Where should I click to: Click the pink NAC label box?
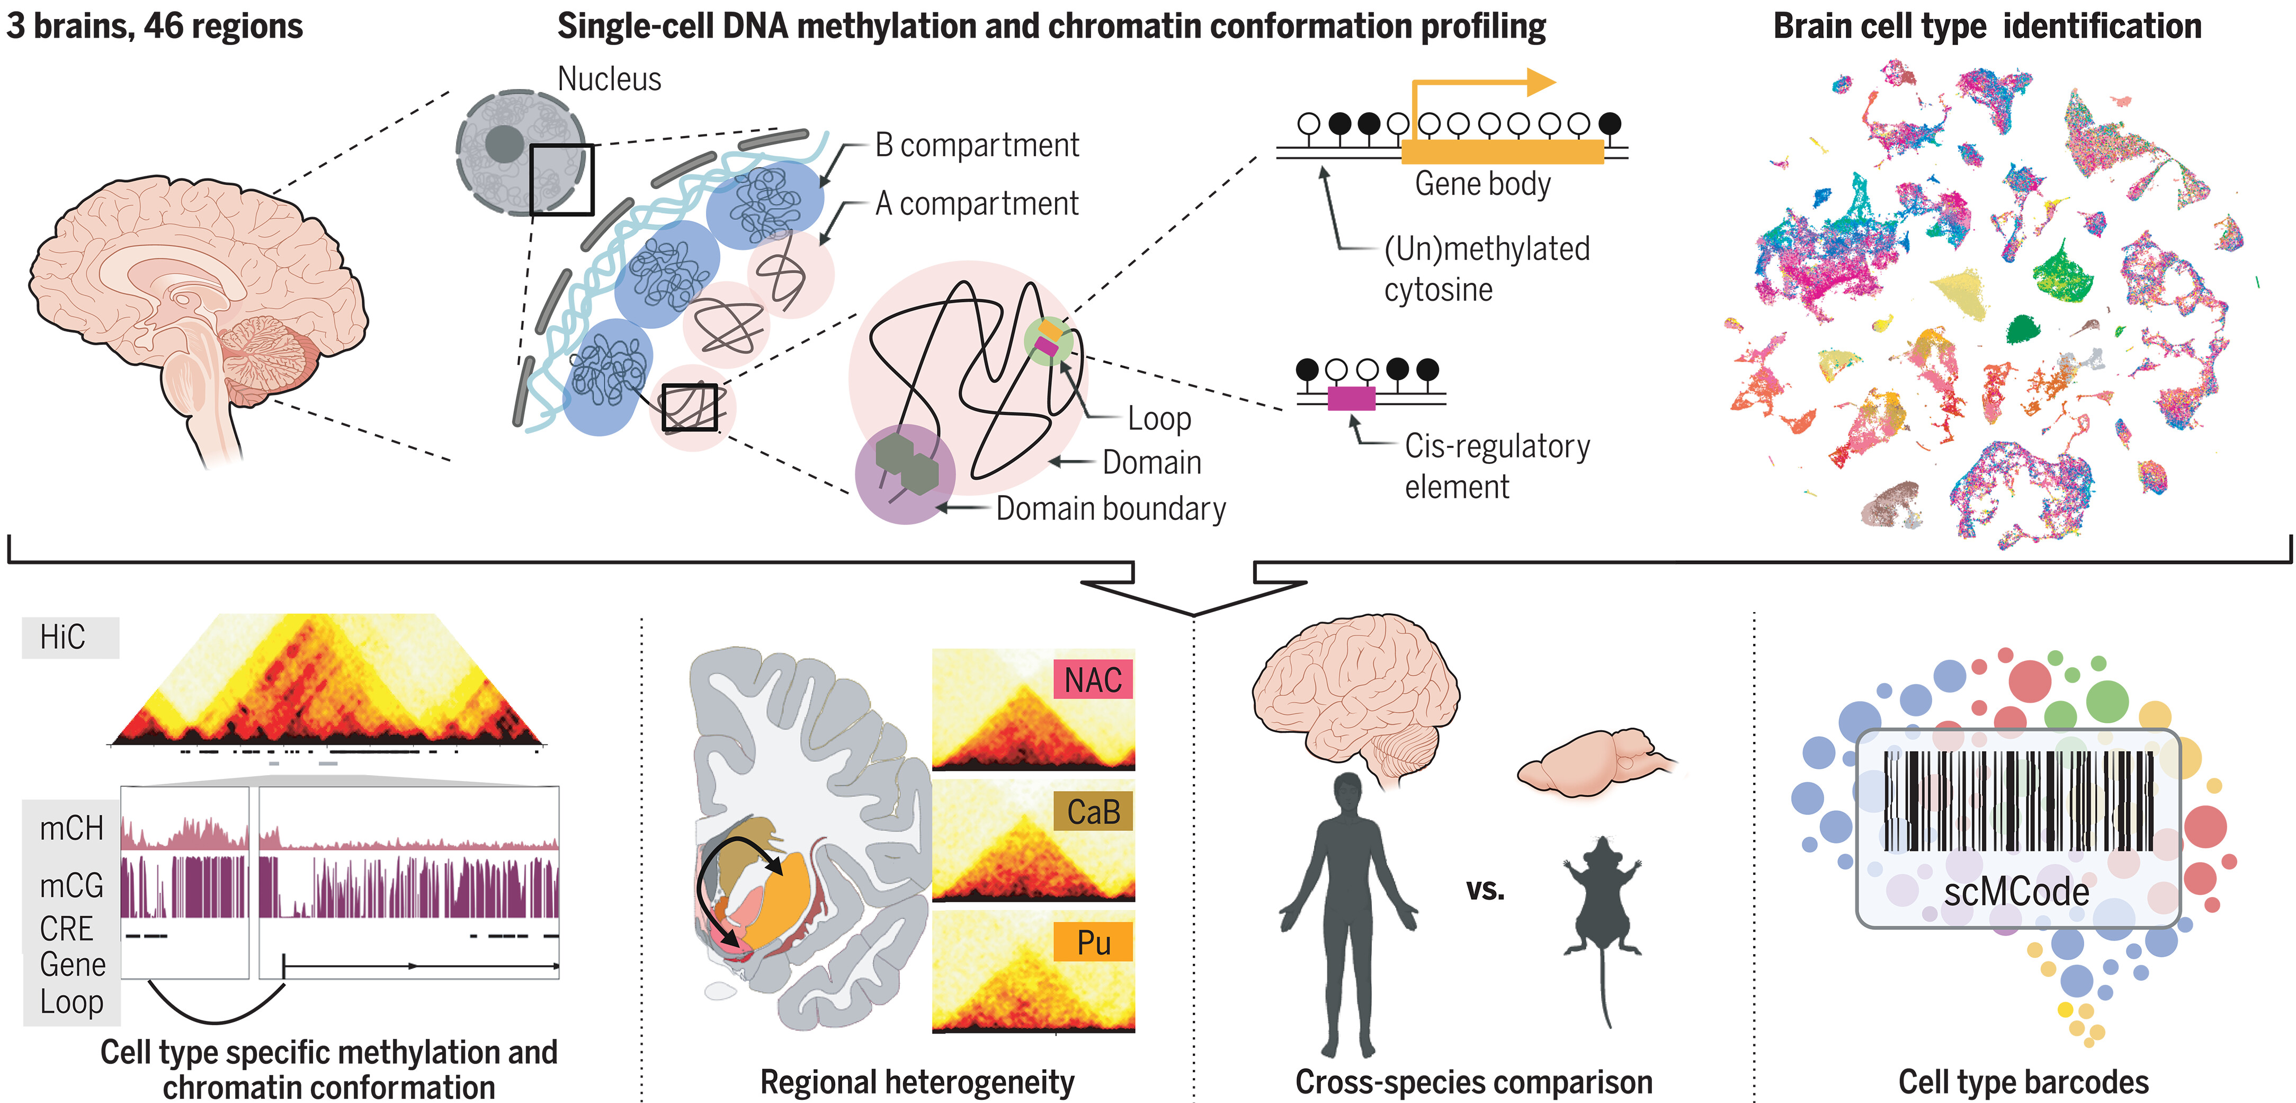tap(1093, 680)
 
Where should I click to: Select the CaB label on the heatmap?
tap(1093, 812)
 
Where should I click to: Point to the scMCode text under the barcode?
tap(2016, 892)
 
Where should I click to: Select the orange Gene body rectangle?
tap(1502, 153)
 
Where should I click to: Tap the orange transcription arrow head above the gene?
tap(1540, 83)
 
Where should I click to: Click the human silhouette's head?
tap(1347, 792)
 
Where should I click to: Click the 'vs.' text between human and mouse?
tap(1485, 889)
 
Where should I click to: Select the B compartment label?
tap(976, 145)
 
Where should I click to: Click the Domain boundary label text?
tap(1111, 509)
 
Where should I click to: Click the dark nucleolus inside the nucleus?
tap(504, 144)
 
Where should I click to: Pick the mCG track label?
tap(72, 885)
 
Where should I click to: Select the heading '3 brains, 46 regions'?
tap(154, 26)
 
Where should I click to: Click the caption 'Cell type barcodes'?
tap(2023, 1082)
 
